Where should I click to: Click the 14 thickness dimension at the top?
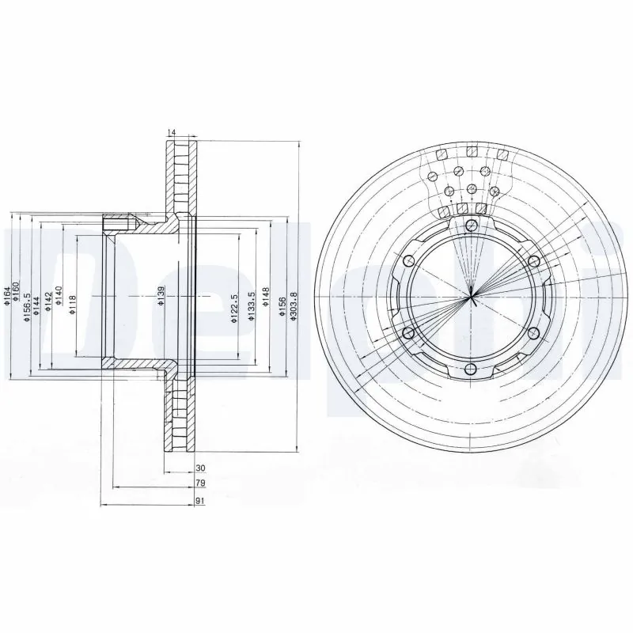[172, 132]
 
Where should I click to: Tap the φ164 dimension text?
[7, 297]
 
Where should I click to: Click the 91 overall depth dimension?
[201, 500]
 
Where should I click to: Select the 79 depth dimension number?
[201, 483]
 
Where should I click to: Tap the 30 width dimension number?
[200, 468]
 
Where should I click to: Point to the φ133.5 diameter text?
[251, 305]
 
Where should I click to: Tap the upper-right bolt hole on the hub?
[533, 263]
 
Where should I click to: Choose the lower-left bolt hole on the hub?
[410, 333]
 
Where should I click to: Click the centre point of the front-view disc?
[472, 298]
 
